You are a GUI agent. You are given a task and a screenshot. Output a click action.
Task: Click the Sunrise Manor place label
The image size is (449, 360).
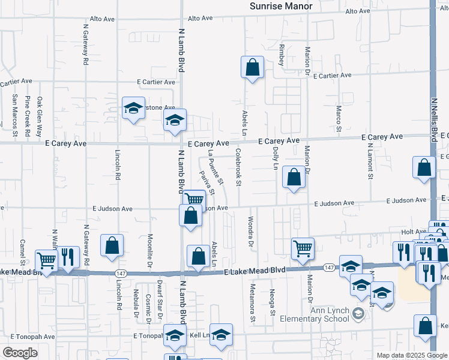(x=281, y=6)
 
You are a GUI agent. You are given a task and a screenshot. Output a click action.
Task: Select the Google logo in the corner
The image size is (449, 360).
(x=19, y=353)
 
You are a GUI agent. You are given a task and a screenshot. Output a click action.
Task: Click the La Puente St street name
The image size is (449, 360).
(x=215, y=167)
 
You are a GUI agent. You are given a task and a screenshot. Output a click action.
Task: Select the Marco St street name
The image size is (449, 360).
(x=339, y=119)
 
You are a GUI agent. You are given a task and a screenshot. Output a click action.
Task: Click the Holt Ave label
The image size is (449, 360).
(x=413, y=232)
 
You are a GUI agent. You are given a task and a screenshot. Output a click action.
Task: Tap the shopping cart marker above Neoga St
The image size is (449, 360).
(x=303, y=248)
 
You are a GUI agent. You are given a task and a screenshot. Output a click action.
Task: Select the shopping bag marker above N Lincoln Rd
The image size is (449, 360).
(x=112, y=245)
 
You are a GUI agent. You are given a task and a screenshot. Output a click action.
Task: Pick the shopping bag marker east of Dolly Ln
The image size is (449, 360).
(x=294, y=177)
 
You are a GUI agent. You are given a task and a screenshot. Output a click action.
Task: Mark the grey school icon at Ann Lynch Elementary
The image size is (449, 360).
(x=358, y=314)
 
